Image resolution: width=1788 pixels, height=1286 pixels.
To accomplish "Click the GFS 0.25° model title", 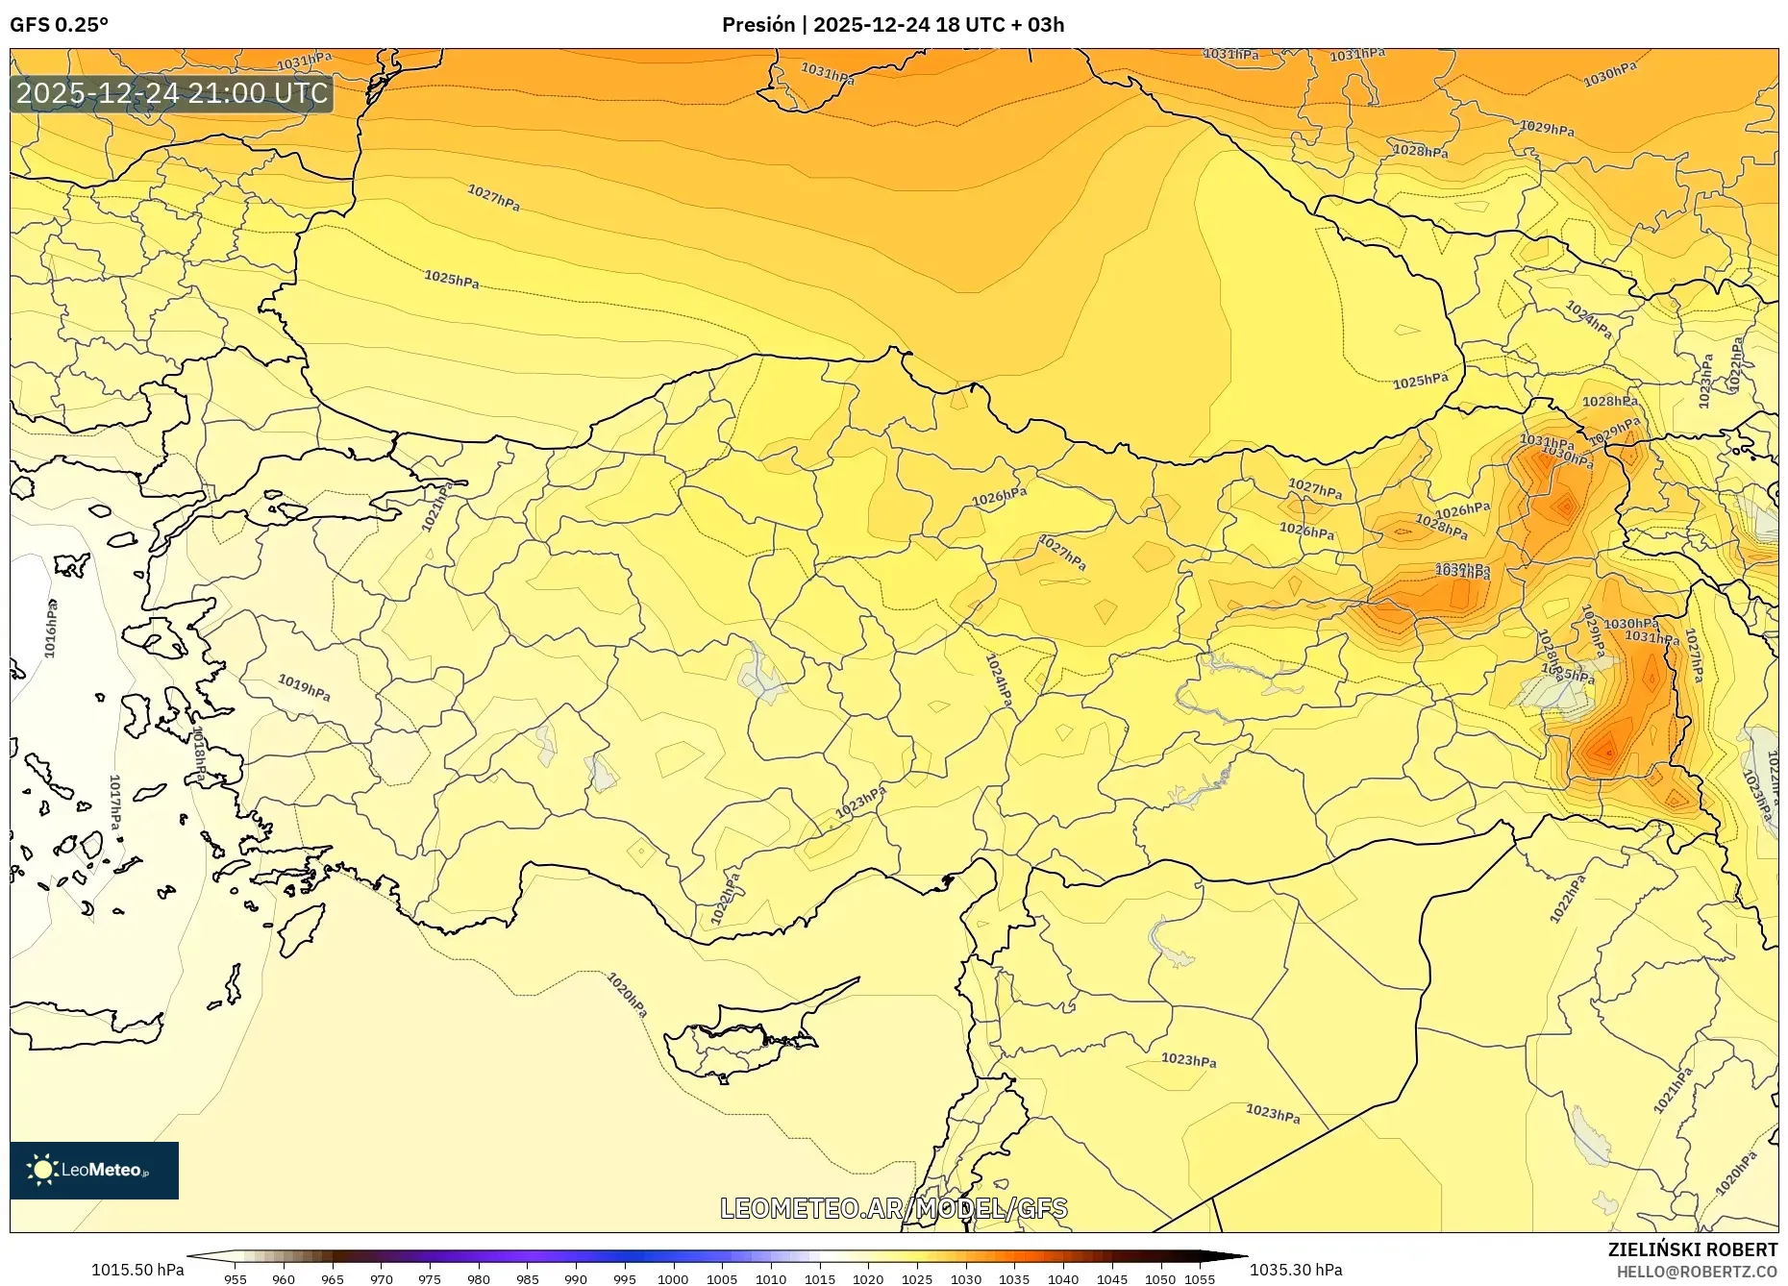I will point(59,25).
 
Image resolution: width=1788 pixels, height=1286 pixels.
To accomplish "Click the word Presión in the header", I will point(759,25).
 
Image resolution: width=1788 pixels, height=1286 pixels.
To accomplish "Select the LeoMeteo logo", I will point(94,1170).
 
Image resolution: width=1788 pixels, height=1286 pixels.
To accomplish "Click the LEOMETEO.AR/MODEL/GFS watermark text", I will point(893,1208).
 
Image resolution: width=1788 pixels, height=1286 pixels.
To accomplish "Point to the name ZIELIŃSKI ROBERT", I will point(1692,1249).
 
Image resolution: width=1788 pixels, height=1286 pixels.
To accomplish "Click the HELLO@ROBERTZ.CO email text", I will point(1696,1272).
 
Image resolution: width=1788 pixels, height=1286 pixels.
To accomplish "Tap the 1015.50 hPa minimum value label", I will point(137,1270).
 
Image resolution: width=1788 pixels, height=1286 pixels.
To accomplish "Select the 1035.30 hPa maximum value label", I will point(1296,1270).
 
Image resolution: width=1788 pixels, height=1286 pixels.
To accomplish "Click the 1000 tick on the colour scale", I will point(673,1279).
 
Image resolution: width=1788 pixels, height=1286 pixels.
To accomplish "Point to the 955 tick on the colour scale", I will point(236,1279).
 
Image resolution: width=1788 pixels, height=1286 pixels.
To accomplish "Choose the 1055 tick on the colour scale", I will point(1200,1279).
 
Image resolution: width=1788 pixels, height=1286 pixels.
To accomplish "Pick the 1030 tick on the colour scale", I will point(965,1279).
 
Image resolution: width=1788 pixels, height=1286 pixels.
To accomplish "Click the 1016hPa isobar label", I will point(51,629).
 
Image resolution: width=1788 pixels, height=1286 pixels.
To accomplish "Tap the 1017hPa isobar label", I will point(114,803).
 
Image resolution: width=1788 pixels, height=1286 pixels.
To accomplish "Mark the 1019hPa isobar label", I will point(304,687).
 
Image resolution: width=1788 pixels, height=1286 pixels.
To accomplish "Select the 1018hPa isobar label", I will point(199,755).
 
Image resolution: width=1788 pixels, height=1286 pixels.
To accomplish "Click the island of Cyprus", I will point(740,1043).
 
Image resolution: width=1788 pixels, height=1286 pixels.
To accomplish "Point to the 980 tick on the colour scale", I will point(479,1279).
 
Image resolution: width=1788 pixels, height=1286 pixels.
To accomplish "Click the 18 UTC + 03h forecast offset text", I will point(1000,25).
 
